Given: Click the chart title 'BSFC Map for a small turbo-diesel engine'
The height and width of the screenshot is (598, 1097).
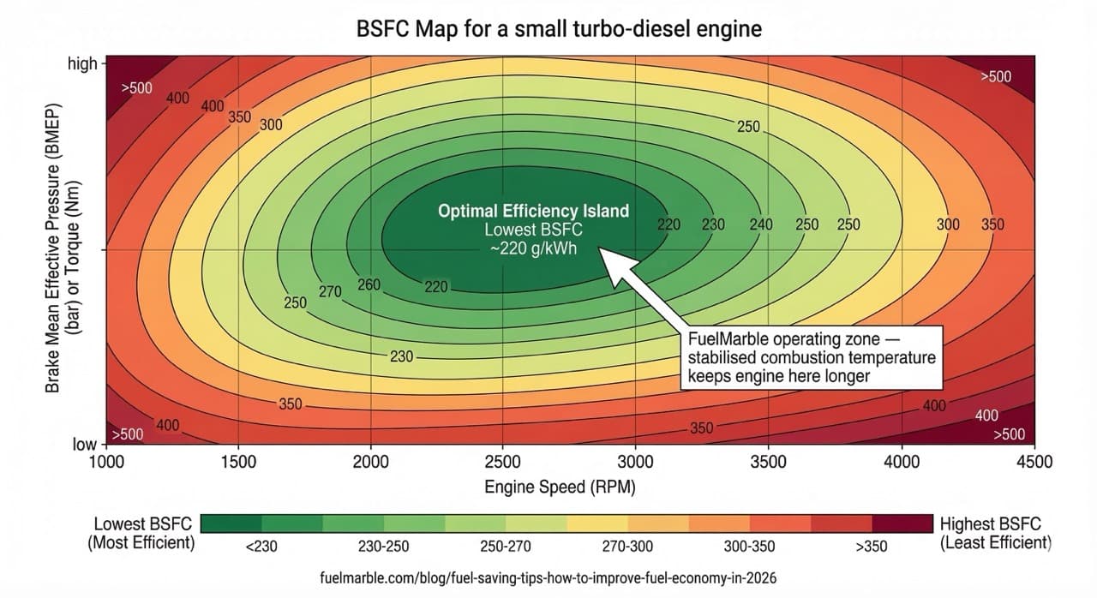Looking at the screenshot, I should click(x=558, y=29).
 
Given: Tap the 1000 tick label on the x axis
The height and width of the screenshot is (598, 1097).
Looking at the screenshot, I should click(x=107, y=462).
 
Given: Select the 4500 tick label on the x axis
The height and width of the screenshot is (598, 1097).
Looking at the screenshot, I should click(x=1034, y=461).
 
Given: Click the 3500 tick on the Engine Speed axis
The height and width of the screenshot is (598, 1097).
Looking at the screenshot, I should click(x=768, y=461).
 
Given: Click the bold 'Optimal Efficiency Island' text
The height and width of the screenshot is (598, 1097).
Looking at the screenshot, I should click(x=533, y=211).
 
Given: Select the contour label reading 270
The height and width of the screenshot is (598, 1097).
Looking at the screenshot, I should click(x=330, y=291).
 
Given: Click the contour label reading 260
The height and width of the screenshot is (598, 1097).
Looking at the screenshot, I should click(x=369, y=284).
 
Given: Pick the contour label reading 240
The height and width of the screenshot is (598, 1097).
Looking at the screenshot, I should click(x=760, y=224).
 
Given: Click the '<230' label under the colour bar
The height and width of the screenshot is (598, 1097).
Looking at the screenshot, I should click(x=261, y=545).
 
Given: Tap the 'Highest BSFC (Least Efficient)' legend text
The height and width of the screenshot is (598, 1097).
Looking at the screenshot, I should click(x=994, y=533).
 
